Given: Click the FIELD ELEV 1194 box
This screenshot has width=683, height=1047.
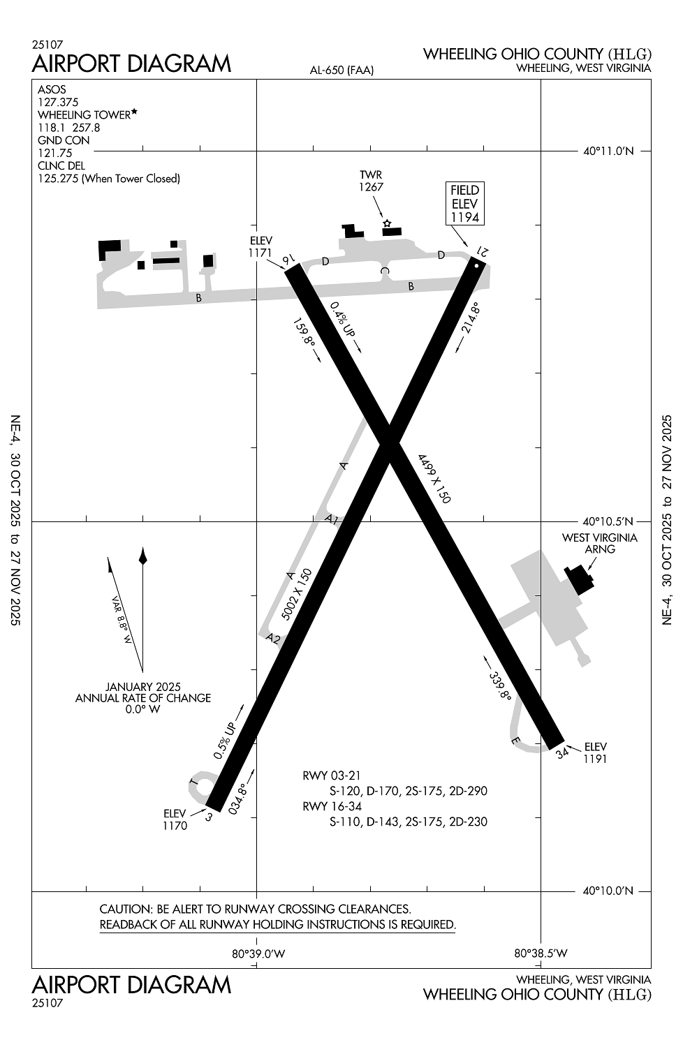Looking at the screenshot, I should coord(465,203).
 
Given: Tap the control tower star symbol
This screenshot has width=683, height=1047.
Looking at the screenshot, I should coord(386,223).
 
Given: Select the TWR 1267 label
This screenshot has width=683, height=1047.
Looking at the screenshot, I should coord(371,181).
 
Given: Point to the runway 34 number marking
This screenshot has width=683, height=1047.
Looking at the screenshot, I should coord(563,753).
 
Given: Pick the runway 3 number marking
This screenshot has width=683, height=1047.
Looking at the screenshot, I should coord(209,815).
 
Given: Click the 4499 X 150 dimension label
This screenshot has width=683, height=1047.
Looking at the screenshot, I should coord(434,478).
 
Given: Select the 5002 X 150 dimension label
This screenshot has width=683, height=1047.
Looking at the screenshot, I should coord(296,594).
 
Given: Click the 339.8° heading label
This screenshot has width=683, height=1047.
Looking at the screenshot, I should coord(500,686).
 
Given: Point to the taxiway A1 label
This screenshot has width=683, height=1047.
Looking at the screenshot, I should coord(332,519).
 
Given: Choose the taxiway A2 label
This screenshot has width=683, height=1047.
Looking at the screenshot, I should coord(273,638).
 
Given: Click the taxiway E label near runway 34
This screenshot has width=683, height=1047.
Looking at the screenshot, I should coord(516,741).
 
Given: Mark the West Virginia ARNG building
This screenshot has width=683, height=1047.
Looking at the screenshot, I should coord(578,579).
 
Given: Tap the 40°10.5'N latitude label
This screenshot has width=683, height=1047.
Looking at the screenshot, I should coord(608,521).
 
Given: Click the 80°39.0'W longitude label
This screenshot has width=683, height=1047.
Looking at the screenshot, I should coord(258,953).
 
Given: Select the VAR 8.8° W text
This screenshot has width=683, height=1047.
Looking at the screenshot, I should coord(122,620).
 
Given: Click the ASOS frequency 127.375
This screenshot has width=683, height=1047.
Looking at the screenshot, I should coord(58,102).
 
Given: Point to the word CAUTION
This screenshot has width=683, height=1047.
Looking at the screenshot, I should coord(126,909).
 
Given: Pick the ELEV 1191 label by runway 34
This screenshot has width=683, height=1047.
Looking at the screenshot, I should coord(595,752).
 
